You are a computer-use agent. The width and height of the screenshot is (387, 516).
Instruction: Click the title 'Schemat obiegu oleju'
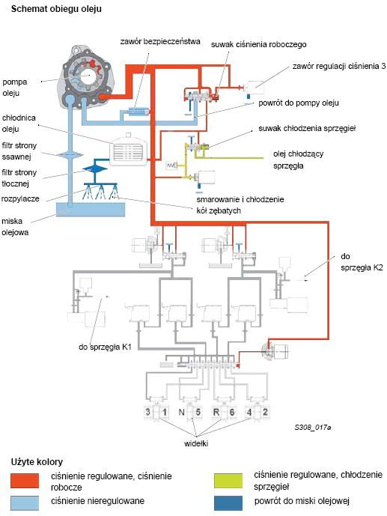point(56,9)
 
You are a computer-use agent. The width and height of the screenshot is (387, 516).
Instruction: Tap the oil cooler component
point(129,150)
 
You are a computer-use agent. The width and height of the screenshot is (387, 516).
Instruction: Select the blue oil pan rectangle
point(91,209)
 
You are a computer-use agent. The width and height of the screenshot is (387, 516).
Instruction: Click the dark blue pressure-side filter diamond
point(95,169)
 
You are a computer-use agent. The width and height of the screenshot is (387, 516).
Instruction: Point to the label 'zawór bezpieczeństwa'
point(160,42)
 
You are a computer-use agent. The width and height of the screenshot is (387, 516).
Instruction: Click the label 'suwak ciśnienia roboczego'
point(259,45)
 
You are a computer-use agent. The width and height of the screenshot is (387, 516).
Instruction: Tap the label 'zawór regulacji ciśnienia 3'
point(339,66)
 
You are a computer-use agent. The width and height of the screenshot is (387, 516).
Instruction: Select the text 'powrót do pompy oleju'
point(299,103)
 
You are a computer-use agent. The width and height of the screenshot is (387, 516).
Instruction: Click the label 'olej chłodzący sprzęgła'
point(298,160)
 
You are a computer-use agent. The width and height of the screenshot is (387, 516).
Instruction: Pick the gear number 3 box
point(148,412)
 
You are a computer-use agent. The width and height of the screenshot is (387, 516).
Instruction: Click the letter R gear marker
point(216,412)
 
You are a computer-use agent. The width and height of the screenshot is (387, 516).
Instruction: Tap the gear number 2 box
point(265,412)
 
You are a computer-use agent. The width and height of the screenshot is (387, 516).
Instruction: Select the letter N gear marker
point(181,412)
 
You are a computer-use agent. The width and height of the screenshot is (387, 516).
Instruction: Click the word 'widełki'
point(196,443)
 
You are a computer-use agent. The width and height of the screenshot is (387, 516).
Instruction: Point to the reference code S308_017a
point(313,428)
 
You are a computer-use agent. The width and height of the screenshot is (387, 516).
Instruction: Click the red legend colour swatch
point(25,481)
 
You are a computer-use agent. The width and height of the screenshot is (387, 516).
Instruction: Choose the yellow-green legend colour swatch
point(228,481)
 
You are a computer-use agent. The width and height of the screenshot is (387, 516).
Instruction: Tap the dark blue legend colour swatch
point(228,503)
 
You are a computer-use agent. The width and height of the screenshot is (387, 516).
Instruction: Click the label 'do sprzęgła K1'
point(105,347)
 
